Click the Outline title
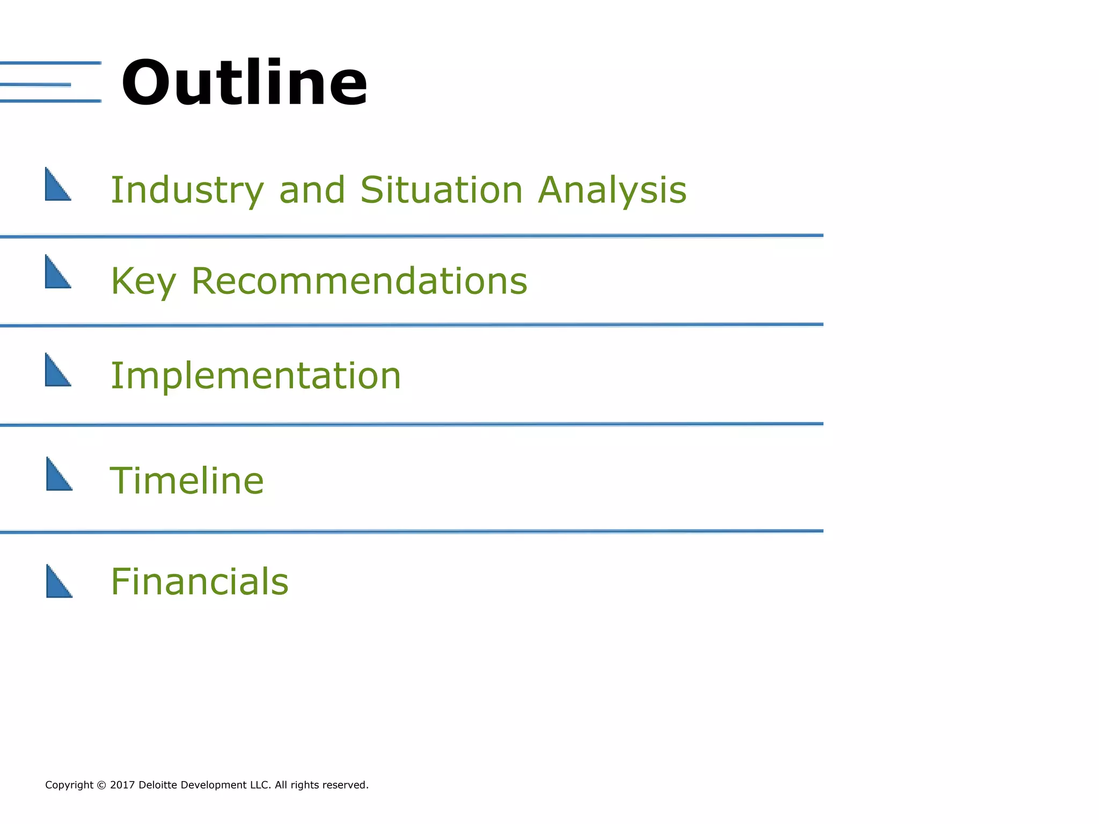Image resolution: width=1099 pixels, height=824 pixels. (244, 83)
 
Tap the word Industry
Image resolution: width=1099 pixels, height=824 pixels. (187, 190)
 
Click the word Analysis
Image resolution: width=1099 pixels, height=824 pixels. (612, 190)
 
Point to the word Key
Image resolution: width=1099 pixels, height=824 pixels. (143, 282)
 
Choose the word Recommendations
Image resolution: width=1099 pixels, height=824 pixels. (359, 281)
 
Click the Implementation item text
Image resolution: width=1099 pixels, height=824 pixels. (255, 376)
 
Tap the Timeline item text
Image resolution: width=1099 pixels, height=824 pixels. (187, 481)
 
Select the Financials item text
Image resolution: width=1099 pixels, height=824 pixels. (199, 582)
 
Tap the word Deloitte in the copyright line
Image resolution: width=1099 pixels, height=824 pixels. (158, 785)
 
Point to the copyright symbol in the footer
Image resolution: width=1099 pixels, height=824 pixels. (102, 785)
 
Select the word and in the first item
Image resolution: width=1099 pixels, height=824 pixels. (312, 190)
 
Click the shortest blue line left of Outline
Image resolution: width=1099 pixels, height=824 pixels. (35, 85)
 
